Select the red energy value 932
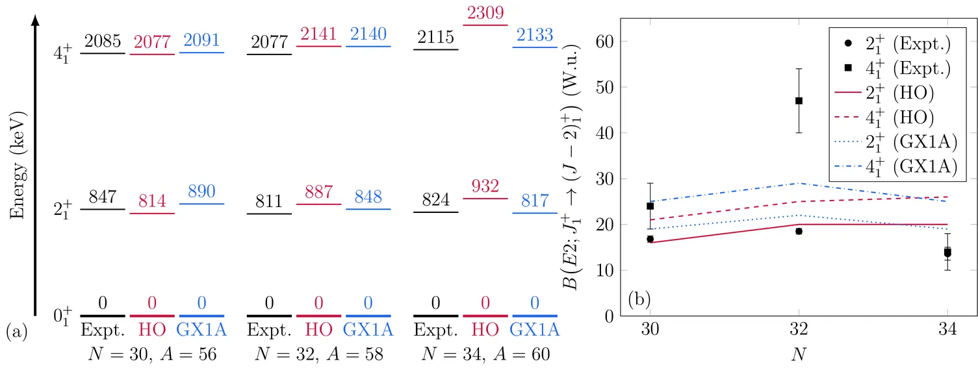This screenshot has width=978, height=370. [x=485, y=186]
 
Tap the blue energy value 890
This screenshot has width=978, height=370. [x=201, y=191]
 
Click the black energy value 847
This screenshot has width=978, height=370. [x=102, y=197]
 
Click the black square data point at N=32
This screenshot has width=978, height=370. [x=799, y=101]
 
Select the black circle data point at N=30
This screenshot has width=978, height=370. [x=650, y=239]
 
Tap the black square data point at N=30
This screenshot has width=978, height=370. [x=650, y=206]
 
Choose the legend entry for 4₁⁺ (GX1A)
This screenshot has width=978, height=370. [x=896, y=166]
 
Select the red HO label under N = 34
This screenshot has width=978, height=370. [x=485, y=330]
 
